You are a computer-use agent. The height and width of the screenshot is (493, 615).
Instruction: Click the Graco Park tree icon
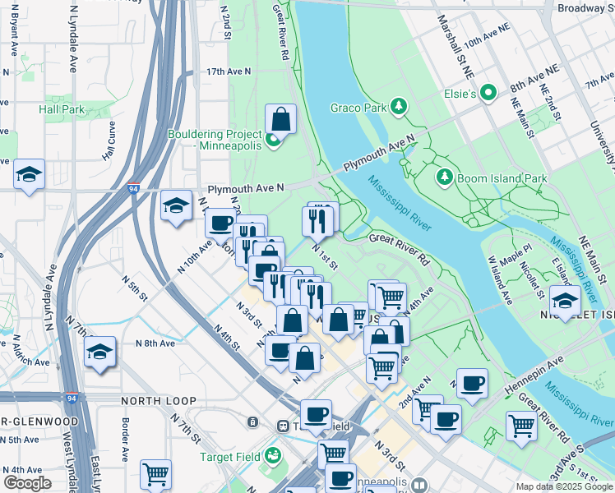[x=399, y=106]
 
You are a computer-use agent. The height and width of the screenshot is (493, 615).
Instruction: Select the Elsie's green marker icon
[x=491, y=94]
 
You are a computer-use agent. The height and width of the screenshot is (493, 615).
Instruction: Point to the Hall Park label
[x=62, y=109]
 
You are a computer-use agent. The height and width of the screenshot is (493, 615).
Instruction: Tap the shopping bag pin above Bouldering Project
[x=281, y=119]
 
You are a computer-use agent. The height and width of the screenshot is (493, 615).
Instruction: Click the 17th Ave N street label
[x=228, y=72]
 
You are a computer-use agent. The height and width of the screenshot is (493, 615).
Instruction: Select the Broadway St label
[x=580, y=8]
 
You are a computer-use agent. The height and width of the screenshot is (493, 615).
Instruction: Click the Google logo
[x=27, y=483]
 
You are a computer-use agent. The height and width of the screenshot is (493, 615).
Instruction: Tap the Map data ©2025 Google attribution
[x=563, y=486]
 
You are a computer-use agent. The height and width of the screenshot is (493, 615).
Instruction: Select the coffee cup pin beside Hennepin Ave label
[x=472, y=384]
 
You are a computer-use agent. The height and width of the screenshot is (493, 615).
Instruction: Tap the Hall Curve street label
[x=109, y=141]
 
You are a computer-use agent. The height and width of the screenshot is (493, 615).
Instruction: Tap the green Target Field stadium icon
[x=273, y=455]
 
